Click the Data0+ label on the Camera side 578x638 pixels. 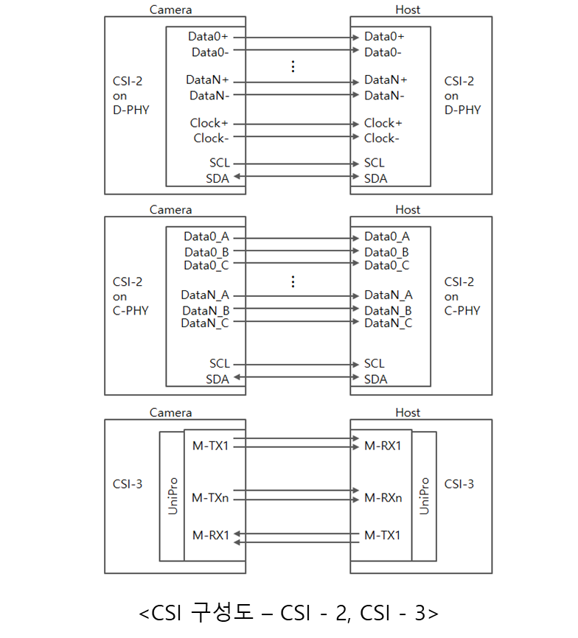tap(209, 36)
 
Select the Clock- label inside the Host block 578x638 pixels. tap(381, 139)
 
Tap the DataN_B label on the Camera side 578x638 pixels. tap(206, 310)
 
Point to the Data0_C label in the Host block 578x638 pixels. tap(386, 265)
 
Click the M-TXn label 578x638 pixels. tap(210, 498)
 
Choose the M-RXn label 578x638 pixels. tap(383, 498)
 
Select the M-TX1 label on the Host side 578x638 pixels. tap(383, 535)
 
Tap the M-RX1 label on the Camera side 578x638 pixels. tap(211, 535)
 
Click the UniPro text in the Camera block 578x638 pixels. tap(173, 496)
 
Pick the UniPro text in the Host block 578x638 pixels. tap(424, 496)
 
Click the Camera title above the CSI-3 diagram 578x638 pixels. tap(170, 413)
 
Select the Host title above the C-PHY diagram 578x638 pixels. tap(408, 210)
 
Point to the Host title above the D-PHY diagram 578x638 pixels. tap(408, 10)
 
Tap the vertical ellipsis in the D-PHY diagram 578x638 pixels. tap(293, 66)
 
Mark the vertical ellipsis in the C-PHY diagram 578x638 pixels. tap(293, 281)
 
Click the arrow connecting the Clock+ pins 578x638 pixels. tap(297, 124)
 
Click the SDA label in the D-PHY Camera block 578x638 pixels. tap(217, 178)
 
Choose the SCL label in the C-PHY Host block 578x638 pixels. tap(374, 364)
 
